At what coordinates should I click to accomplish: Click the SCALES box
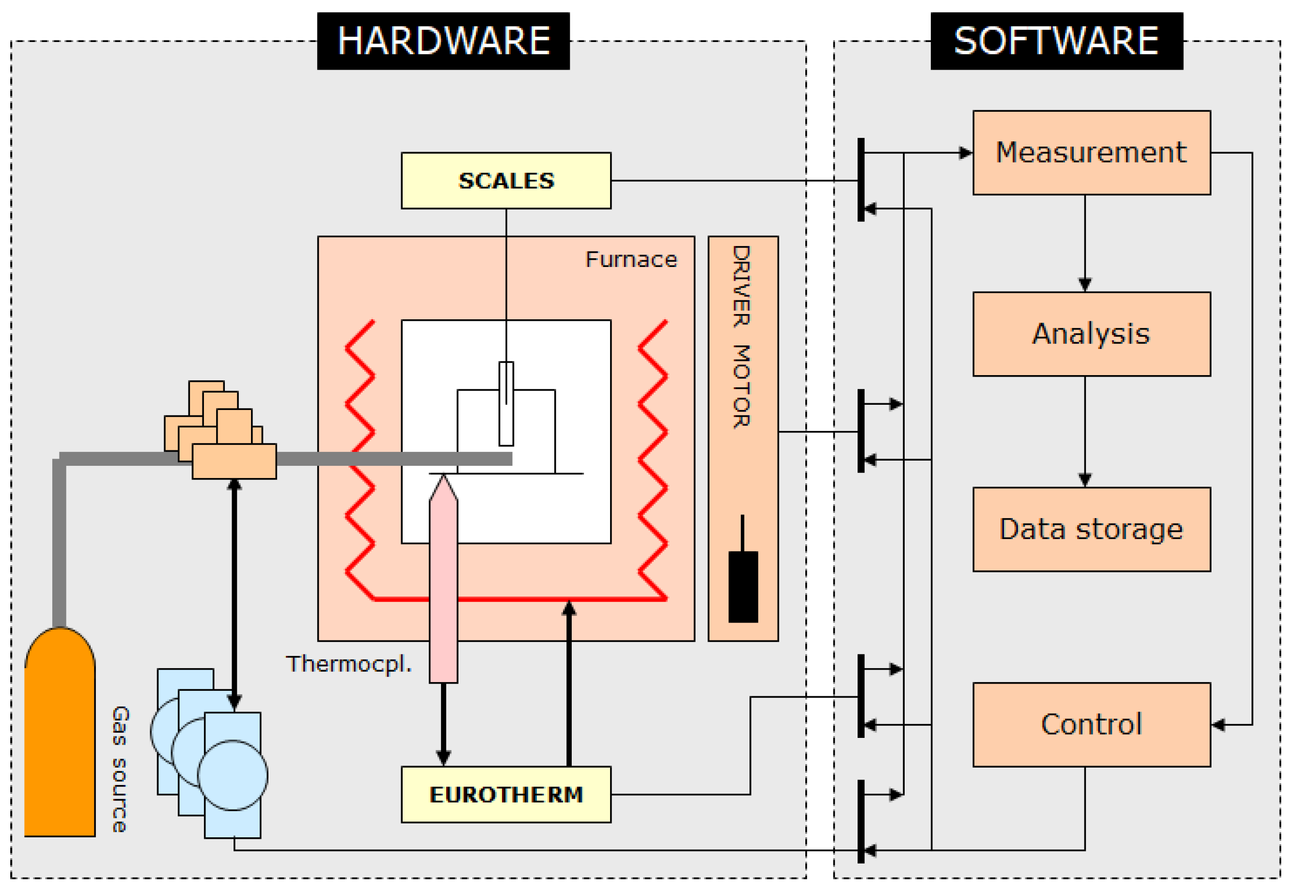point(506,180)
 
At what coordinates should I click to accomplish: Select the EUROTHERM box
point(506,794)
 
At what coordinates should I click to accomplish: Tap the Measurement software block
point(1091,153)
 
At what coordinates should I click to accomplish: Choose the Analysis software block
point(1091,334)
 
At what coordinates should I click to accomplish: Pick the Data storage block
point(1091,529)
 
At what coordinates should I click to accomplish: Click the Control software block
point(1091,725)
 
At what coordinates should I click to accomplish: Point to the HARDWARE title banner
point(444,40)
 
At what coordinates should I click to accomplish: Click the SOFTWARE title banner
point(1056,40)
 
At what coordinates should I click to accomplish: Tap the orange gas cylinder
point(59,740)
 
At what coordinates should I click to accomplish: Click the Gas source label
point(120,769)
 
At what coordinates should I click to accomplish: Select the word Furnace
point(631,259)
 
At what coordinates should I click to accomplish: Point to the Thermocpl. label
point(349,664)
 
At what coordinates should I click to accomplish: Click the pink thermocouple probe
point(444,584)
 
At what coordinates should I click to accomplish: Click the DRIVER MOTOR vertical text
point(741,337)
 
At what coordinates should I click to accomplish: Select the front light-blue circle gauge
point(233,775)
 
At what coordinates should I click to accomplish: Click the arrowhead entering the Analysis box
point(1085,284)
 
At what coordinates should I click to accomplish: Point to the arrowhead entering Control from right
point(1218,725)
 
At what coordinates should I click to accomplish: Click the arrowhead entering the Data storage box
point(1085,480)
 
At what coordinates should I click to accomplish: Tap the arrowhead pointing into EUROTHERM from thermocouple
point(444,757)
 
